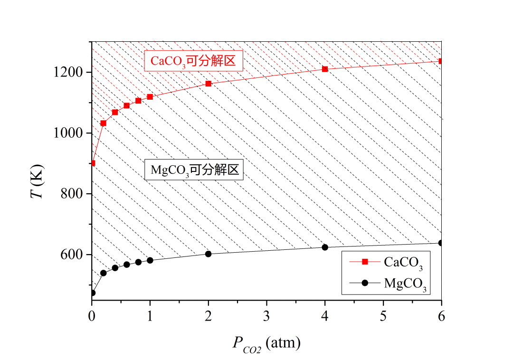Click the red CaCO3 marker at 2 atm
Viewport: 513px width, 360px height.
coord(208,84)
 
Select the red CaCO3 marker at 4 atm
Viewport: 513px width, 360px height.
coord(325,69)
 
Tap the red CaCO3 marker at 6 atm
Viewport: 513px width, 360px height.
coord(441,61)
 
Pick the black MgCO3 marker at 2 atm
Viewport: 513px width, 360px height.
coord(208,254)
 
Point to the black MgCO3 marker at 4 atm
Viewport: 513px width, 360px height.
coord(325,247)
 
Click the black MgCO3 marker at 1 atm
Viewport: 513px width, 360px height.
coord(150,260)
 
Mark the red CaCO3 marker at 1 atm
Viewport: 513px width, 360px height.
coord(150,97)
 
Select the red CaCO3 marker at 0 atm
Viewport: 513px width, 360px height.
coord(92,163)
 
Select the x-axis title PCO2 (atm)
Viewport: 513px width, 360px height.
coord(266,343)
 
